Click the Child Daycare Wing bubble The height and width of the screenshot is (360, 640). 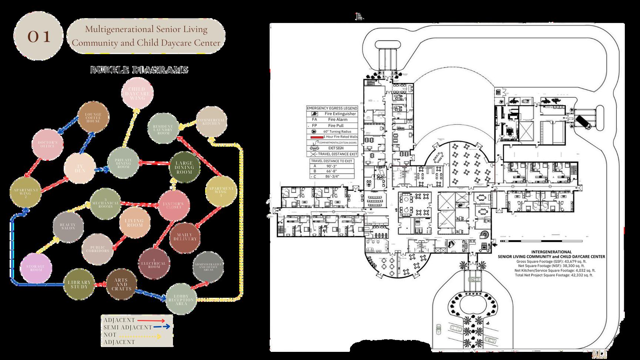(x=137, y=93)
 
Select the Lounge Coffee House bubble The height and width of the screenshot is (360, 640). (x=93, y=117)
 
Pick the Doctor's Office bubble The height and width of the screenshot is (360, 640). (x=47, y=144)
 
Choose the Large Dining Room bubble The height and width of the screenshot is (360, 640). (x=184, y=167)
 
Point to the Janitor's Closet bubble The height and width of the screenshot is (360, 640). (x=173, y=206)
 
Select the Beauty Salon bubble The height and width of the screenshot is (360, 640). (x=68, y=227)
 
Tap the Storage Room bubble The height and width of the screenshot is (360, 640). (x=36, y=268)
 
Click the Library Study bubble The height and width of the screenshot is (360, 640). (x=79, y=284)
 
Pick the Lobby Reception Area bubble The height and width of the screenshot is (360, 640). (x=181, y=299)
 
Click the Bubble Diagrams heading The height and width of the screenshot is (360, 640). (x=139, y=70)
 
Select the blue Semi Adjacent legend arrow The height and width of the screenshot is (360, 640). (x=162, y=327)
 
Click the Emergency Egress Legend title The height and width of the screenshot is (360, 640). (x=332, y=108)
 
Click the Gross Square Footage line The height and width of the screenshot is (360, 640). (x=551, y=261)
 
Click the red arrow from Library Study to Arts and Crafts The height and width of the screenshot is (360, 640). (x=100, y=284)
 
